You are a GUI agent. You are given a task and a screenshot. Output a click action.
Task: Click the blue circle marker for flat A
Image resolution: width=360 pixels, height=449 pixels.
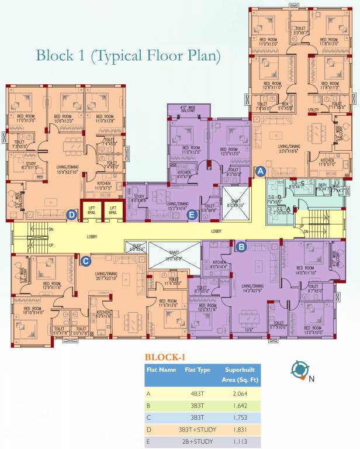coord(261,171)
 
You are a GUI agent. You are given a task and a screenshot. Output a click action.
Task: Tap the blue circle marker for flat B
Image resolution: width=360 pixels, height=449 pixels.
coord(241,247)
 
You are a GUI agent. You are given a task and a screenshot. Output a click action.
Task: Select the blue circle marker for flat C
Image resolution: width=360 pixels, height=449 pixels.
coord(85,261)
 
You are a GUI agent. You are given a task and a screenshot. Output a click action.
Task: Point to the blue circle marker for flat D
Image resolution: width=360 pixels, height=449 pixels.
coord(71,215)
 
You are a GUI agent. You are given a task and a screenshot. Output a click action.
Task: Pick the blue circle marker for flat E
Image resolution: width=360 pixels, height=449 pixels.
coord(191,215)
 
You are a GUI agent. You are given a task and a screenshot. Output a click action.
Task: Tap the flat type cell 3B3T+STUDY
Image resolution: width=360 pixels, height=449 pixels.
coord(198,430)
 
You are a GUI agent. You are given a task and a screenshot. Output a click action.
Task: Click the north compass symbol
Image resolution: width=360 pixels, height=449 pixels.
coord(300,369)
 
